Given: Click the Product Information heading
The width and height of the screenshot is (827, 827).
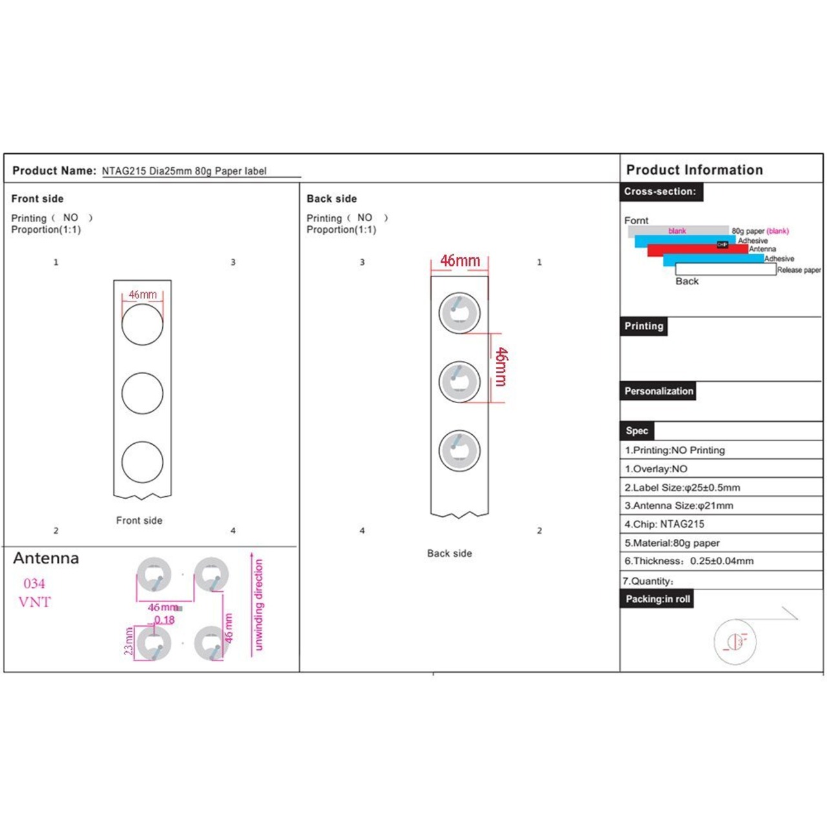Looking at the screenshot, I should [x=695, y=170].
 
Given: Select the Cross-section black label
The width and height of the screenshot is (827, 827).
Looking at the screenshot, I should [x=660, y=192].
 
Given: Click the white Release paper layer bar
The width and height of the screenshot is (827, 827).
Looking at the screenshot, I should [x=725, y=270].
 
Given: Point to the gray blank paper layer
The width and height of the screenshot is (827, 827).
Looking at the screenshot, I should [x=678, y=231].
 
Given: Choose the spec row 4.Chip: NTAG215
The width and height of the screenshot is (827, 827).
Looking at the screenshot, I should [x=664, y=524].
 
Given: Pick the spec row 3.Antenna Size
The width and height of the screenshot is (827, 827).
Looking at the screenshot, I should [x=678, y=506].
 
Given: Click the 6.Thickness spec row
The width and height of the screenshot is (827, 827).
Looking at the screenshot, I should [x=689, y=561].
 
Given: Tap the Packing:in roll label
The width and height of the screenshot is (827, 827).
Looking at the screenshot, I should [x=658, y=599].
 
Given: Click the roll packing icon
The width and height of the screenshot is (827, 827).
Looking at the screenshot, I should [x=735, y=641].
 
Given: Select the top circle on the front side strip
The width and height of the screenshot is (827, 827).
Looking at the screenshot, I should [x=142, y=324].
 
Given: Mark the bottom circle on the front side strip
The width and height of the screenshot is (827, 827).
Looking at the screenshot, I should [x=142, y=462].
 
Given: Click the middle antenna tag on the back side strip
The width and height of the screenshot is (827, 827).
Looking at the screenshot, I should [x=459, y=381].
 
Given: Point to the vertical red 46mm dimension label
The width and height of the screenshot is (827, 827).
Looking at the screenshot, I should [x=501, y=367].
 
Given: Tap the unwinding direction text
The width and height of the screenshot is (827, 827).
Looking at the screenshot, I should [x=259, y=605].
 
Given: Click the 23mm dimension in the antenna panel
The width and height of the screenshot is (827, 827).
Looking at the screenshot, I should [x=129, y=641].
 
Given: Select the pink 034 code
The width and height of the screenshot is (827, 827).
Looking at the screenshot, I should [x=34, y=584].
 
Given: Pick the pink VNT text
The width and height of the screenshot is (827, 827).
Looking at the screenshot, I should [x=34, y=602].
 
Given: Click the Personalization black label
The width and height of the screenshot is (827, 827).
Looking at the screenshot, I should [x=658, y=391].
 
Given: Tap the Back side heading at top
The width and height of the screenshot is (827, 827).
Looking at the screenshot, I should [x=331, y=198].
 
